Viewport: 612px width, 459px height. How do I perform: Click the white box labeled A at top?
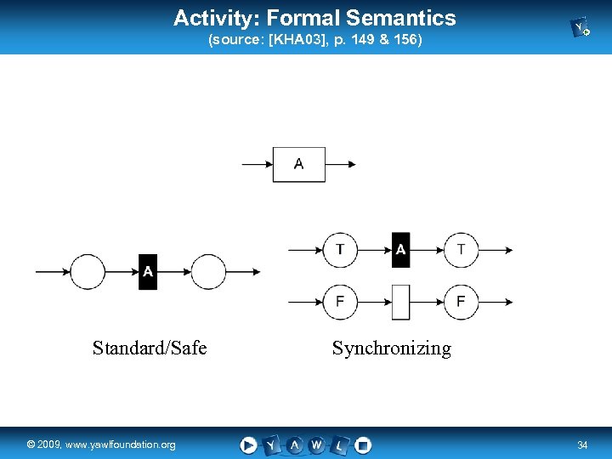pos(298,164)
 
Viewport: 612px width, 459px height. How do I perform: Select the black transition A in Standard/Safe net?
pos(148,272)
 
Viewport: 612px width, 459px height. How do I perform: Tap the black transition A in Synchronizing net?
pos(400,250)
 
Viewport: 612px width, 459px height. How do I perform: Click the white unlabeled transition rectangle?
pos(400,303)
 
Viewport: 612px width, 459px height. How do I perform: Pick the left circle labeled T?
pos(340,250)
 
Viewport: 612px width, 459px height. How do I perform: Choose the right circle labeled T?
pos(462,250)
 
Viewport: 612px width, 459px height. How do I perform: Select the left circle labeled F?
pos(340,303)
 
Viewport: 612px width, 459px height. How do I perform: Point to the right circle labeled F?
pos(462,303)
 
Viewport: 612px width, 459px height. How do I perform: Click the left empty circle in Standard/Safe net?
pos(88,272)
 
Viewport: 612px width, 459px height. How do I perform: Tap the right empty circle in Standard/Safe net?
pos(208,272)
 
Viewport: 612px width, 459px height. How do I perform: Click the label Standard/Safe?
pos(150,348)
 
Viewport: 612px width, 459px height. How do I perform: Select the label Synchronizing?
pos(391,348)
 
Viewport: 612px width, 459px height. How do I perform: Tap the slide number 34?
pos(582,445)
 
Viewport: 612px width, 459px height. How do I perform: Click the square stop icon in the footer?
pos(363,445)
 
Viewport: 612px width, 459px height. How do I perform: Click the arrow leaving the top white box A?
pos(341,164)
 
